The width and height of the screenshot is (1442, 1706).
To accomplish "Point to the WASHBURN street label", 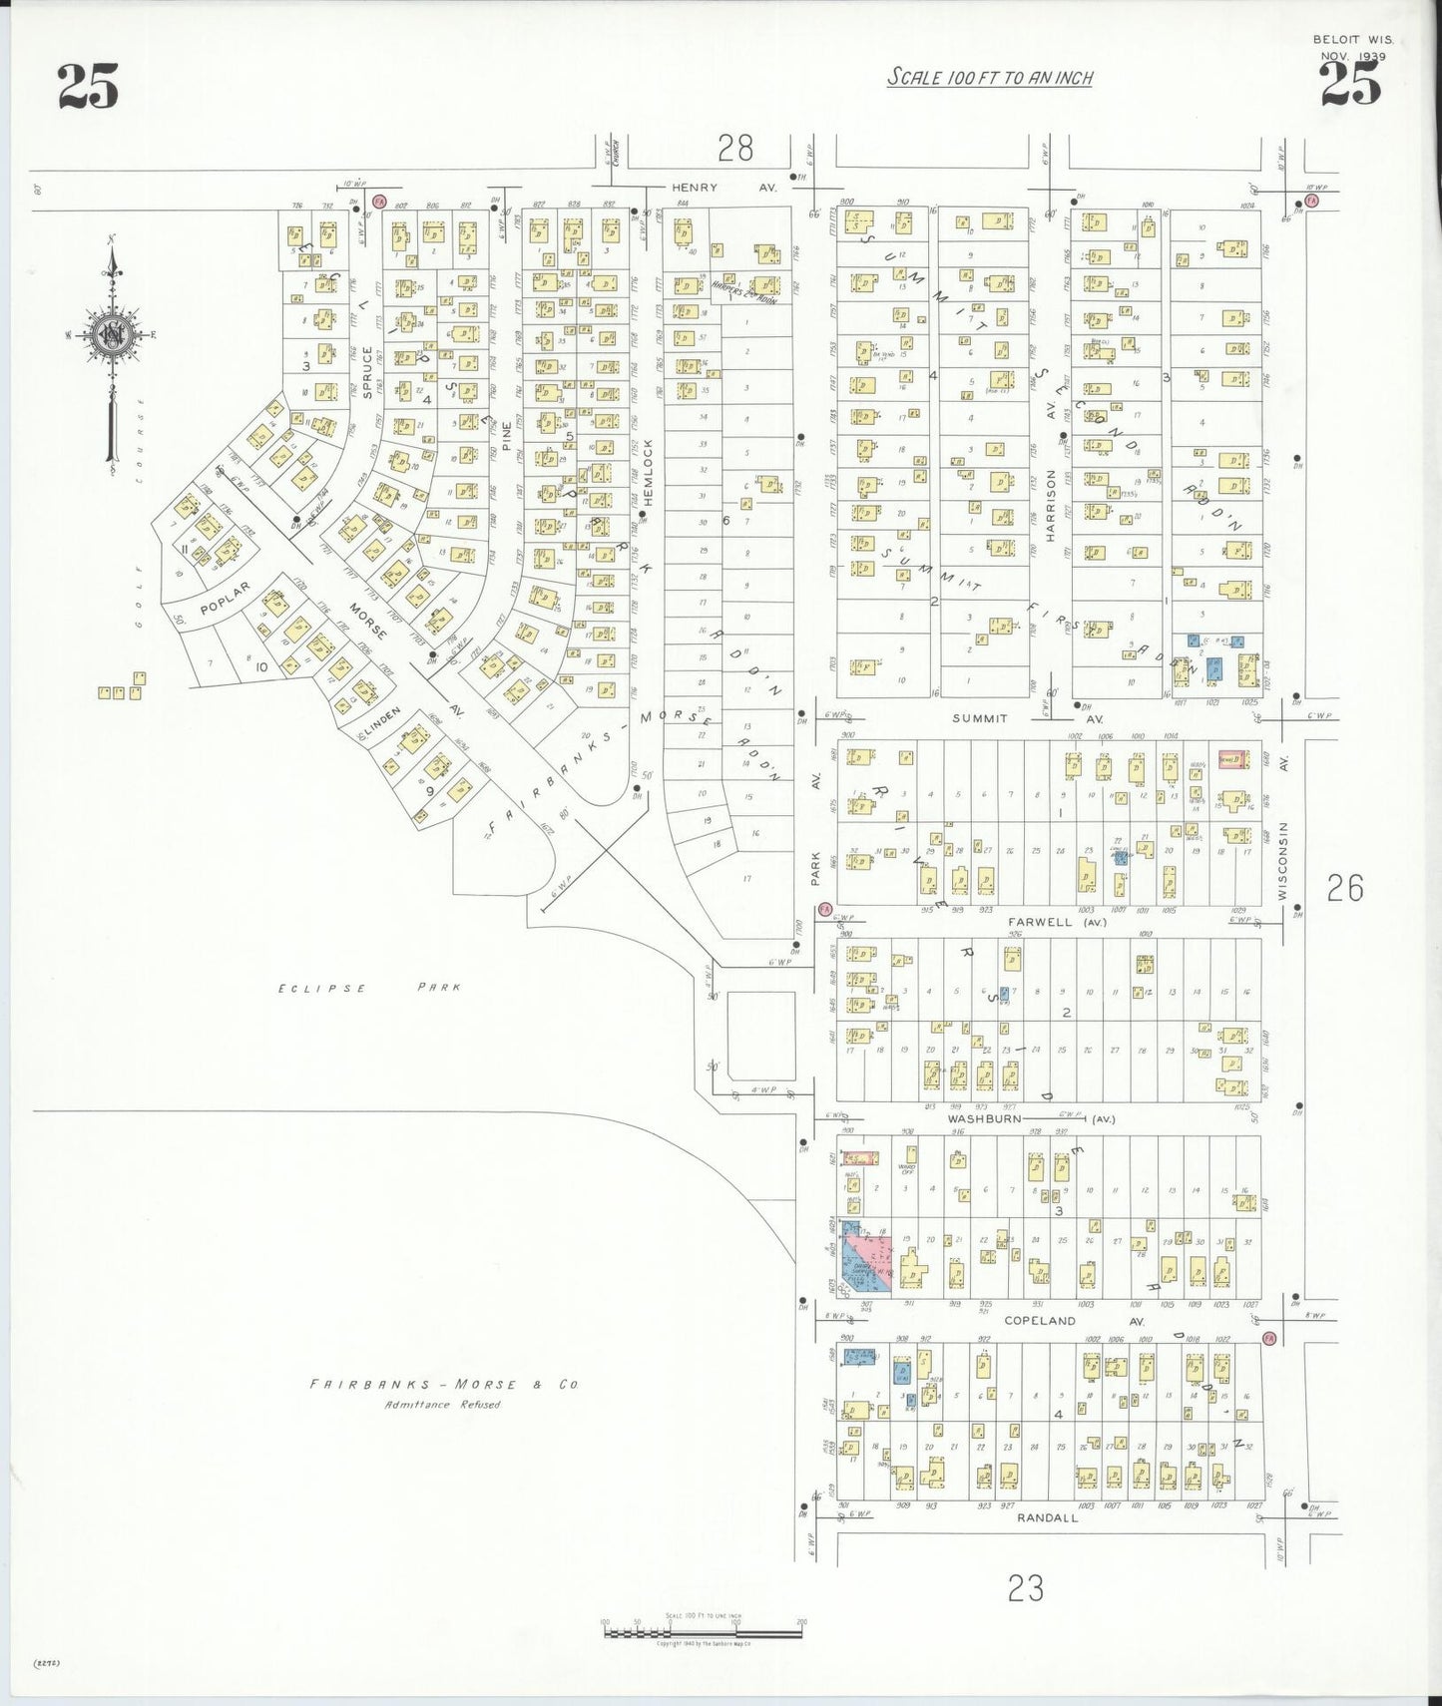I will (985, 1119).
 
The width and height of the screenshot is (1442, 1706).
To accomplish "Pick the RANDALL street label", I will (1048, 1517).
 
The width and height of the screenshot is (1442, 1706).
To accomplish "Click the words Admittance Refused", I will (443, 1405).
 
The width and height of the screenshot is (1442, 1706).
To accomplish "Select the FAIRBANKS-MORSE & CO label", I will (443, 1385).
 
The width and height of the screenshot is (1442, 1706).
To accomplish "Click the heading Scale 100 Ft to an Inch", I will (990, 78).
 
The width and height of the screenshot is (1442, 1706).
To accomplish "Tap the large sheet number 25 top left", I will (88, 86).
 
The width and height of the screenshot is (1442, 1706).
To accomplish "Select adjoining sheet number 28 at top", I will (735, 149).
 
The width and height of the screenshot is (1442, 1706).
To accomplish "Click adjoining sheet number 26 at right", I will (1344, 888).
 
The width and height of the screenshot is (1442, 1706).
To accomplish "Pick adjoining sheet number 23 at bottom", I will (1025, 1587).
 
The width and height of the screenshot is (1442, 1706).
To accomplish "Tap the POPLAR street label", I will (224, 598).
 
